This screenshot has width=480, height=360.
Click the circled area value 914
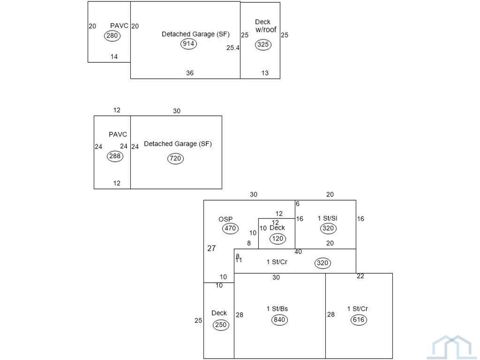pos(188,44)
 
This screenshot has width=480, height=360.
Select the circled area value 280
pos(112,36)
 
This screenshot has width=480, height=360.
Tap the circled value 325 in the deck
pos(263,45)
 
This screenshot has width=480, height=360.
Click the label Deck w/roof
pos(265,26)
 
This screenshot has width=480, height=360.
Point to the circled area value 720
pos(175,158)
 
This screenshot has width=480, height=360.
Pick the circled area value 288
pos(115,156)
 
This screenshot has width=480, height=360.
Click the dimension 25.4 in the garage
pos(233,48)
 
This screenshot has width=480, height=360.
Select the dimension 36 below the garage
pos(190,73)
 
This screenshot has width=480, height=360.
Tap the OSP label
pos(225,219)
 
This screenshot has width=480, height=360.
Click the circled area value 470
pos(230,229)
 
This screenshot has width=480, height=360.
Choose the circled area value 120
pos(278,239)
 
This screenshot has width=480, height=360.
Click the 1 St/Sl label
pos(327,218)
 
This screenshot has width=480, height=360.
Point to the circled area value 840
pos(279,320)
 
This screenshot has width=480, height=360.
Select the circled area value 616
pos(359,320)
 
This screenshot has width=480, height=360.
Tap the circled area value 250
pos(221,325)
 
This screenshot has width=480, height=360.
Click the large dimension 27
pos(211,248)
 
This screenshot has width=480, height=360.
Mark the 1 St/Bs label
pos(277,309)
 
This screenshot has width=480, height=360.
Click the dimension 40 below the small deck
pos(298,252)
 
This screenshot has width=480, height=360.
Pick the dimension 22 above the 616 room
pos(360,276)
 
